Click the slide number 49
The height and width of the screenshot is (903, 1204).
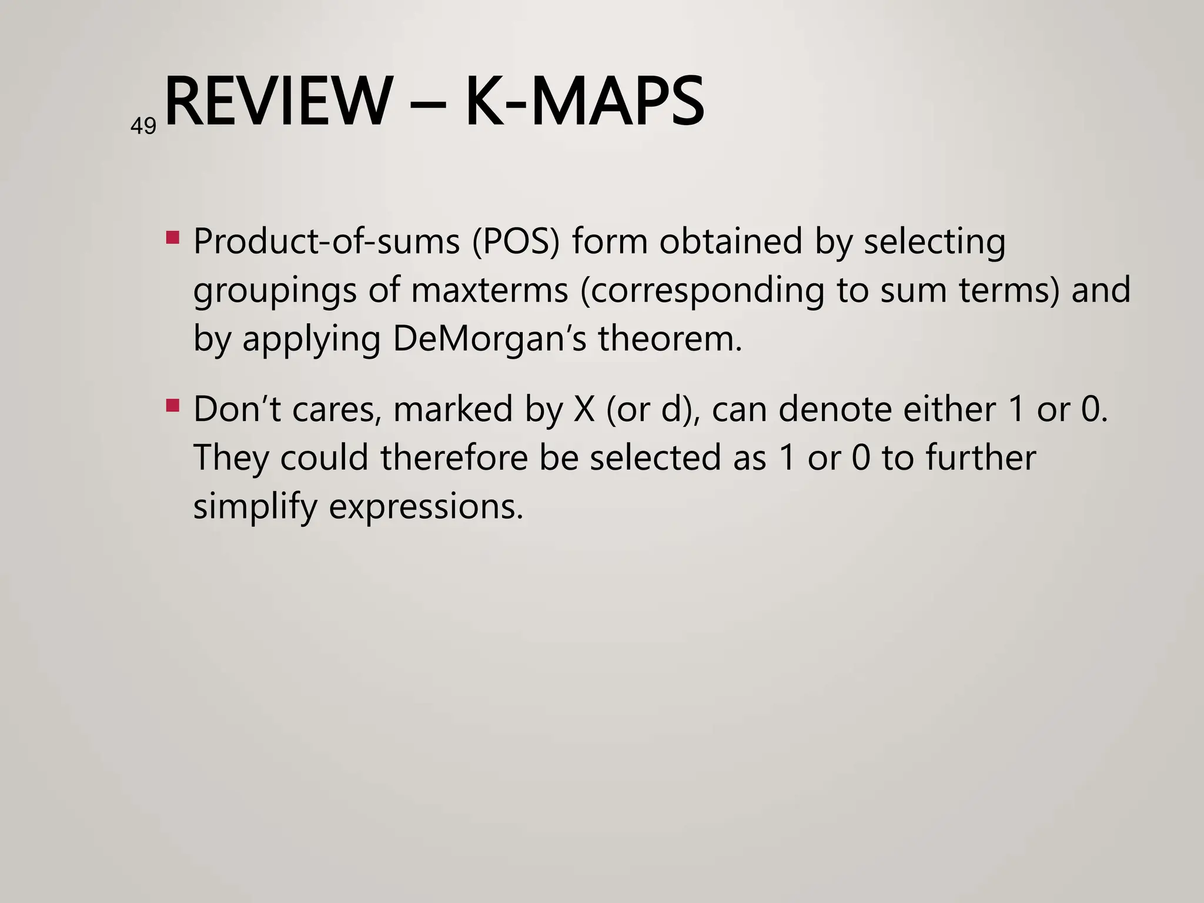[x=143, y=126]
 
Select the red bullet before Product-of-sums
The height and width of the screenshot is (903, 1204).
[x=173, y=238]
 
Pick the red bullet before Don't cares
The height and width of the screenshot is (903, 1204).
[x=173, y=405]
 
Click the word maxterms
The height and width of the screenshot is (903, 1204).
[x=489, y=290]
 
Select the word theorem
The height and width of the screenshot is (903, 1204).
[x=670, y=339]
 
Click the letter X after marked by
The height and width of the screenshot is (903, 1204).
[x=584, y=409]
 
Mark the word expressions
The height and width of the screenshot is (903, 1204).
[x=425, y=507]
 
